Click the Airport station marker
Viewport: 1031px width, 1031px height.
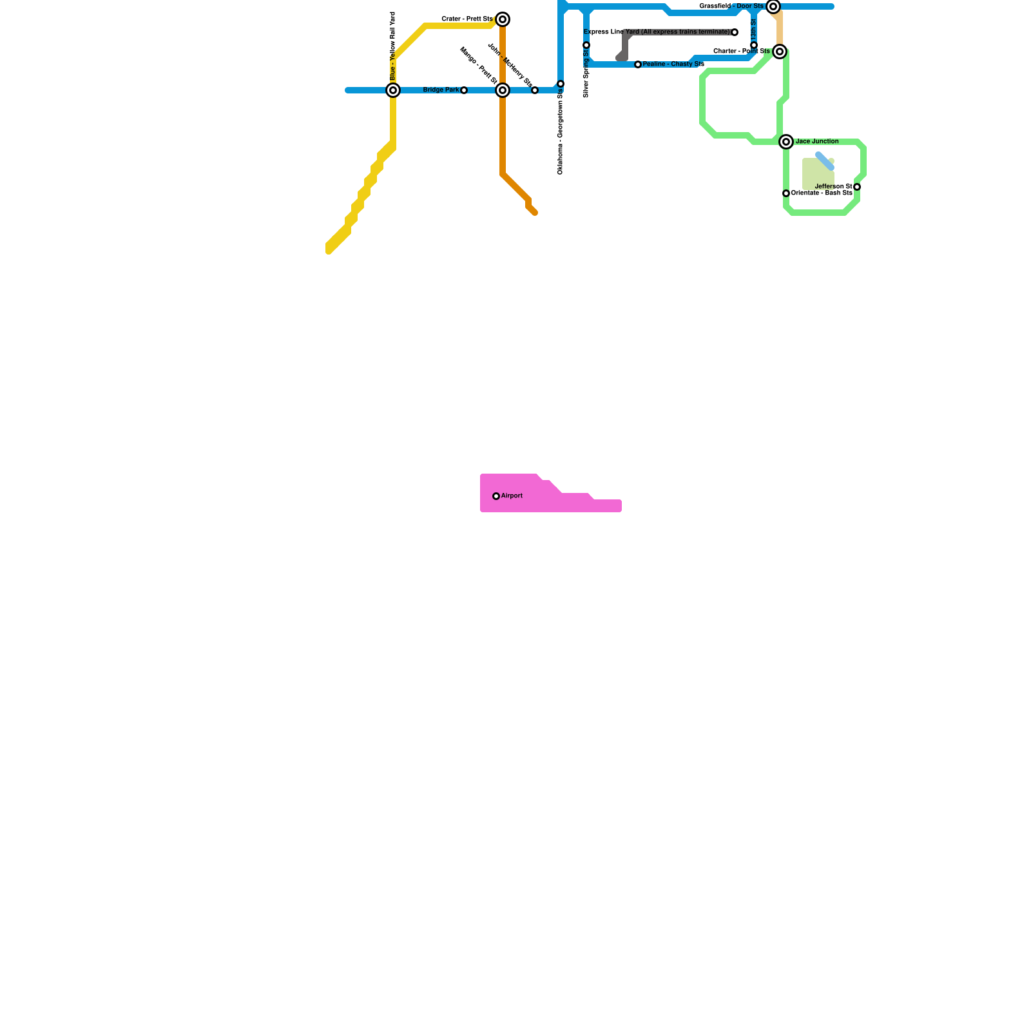pyautogui.click(x=496, y=496)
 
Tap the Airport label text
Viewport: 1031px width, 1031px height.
pyautogui.click(x=512, y=496)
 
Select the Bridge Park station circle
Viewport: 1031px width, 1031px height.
pyautogui.click(x=464, y=90)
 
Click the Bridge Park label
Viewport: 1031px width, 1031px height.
pyautogui.click(x=441, y=90)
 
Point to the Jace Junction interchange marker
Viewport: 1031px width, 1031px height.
pyautogui.click(x=786, y=142)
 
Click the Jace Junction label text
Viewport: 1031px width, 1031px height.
pyautogui.click(x=817, y=142)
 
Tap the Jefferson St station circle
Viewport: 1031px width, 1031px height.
pyautogui.click(x=857, y=187)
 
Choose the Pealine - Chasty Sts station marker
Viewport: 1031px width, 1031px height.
pyautogui.click(x=638, y=64)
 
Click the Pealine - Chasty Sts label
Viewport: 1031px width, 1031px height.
pyautogui.click(x=673, y=64)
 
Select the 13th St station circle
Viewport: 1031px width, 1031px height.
pyautogui.click(x=754, y=45)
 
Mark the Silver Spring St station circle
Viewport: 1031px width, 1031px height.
pyautogui.click(x=586, y=45)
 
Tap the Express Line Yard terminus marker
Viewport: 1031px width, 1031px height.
pyautogui.click(x=735, y=32)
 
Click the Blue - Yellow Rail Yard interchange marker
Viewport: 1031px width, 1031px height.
pyautogui.click(x=393, y=90)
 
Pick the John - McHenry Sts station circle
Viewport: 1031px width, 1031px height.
pyautogui.click(x=535, y=90)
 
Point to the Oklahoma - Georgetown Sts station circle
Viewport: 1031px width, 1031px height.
pyautogui.click(x=561, y=84)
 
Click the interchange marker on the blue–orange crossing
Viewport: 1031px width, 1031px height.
pyautogui.click(x=503, y=90)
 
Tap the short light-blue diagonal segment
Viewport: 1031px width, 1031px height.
pyautogui.click(x=825, y=161)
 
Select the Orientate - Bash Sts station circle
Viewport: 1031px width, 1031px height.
pyautogui.click(x=786, y=193)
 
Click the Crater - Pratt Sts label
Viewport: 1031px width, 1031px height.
pyautogui.click(x=467, y=19)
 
